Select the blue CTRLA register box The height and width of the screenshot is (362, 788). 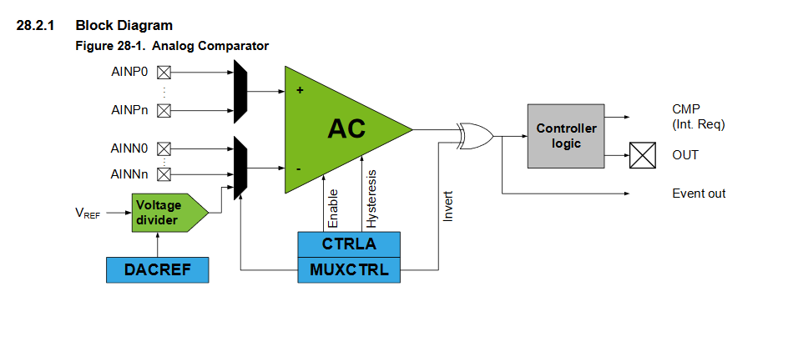click(349, 244)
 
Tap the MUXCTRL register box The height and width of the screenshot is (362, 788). click(349, 269)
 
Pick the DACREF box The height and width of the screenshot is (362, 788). click(157, 269)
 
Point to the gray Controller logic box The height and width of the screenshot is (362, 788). click(566, 136)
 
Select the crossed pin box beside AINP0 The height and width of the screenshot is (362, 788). click(164, 72)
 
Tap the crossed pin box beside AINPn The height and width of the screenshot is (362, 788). click(164, 110)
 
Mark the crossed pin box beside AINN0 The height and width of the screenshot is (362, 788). click(164, 148)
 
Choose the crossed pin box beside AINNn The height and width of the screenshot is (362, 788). click(164, 174)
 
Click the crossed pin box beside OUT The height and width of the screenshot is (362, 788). click(642, 155)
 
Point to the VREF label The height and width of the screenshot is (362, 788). click(88, 213)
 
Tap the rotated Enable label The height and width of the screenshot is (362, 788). click(333, 208)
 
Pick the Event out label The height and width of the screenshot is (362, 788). click(699, 194)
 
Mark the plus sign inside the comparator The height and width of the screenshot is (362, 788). click(300, 89)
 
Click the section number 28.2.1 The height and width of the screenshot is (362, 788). click(35, 26)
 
